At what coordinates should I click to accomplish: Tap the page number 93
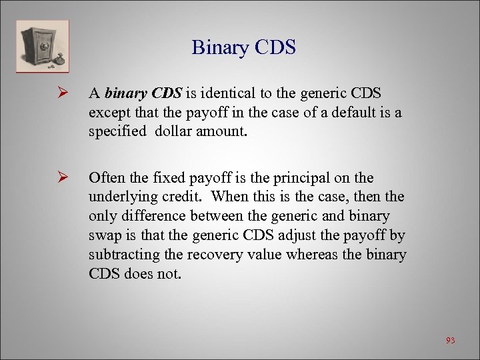(450, 340)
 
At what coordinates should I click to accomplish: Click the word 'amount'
(221, 131)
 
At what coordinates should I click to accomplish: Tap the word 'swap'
(103, 235)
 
